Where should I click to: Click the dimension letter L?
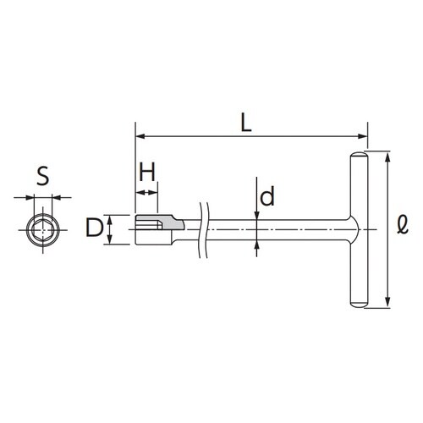pyautogui.click(x=246, y=124)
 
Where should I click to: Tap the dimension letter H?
pyautogui.click(x=147, y=172)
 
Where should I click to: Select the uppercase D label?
pyautogui.click(x=94, y=228)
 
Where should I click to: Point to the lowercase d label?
pyautogui.click(x=266, y=196)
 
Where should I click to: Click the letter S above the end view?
pyautogui.click(x=43, y=176)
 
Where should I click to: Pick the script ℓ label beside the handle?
pyautogui.click(x=403, y=225)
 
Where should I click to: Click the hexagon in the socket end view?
pyautogui.click(x=42, y=230)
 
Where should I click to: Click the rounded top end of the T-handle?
pyautogui.click(x=359, y=156)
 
